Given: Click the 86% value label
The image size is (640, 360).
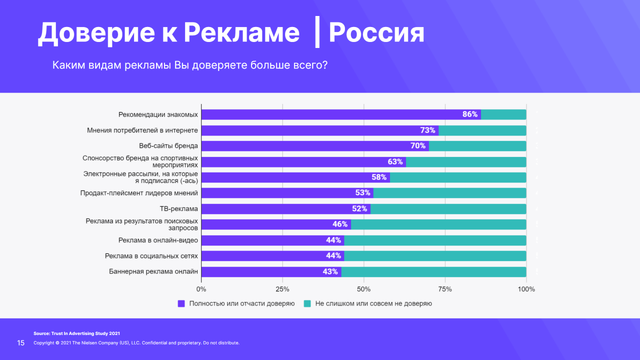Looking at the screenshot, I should (x=470, y=114).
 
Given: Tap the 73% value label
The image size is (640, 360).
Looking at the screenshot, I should (x=427, y=130).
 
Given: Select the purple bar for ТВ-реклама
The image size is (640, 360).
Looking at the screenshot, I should (x=285, y=209).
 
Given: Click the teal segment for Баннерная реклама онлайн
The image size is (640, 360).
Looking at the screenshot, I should (x=433, y=272).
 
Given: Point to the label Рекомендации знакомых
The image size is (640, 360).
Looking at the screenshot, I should (x=158, y=114).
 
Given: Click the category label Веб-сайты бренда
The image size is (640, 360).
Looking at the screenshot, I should (x=168, y=146).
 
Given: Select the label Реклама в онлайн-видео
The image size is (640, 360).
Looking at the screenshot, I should (x=158, y=240).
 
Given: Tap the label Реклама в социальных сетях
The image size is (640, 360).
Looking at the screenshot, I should (x=151, y=256).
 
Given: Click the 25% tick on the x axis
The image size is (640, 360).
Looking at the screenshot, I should (x=282, y=289).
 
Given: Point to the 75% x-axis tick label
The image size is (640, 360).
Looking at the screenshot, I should (x=445, y=289).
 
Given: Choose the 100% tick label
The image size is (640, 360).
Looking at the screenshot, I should (x=526, y=289).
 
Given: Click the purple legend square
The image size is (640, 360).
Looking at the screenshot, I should (x=181, y=303).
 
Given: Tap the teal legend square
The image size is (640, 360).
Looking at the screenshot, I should (x=307, y=303).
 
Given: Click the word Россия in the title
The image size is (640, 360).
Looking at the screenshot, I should (x=376, y=33).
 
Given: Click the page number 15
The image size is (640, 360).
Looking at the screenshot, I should (x=21, y=343).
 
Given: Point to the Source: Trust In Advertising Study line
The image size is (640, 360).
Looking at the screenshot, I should (x=76, y=333).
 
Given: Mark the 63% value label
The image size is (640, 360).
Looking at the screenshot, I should (x=395, y=162).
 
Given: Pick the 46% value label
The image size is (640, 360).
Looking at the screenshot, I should (x=340, y=224).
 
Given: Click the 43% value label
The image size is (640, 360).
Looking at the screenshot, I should (x=330, y=272).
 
